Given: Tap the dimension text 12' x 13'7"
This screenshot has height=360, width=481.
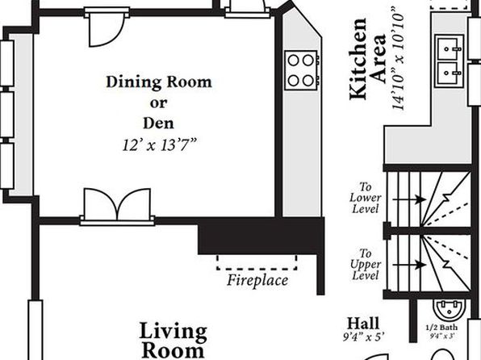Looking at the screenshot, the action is click(159, 144).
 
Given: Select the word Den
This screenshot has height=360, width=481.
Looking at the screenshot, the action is click(159, 123).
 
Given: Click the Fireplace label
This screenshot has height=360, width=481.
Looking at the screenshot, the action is click(257, 280).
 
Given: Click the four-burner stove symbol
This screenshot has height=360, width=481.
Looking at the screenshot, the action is click(301, 70).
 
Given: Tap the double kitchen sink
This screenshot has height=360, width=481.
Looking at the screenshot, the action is click(450, 61).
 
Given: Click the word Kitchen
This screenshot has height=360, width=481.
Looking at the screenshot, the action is click(358, 59).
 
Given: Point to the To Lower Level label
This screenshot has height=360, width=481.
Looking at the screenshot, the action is click(366, 198).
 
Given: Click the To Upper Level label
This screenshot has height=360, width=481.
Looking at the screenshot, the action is click(366, 264).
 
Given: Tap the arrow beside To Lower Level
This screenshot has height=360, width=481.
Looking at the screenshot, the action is click(409, 199).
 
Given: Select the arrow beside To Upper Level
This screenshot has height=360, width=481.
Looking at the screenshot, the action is click(409, 265).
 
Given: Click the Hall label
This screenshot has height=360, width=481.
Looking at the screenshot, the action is click(363, 324).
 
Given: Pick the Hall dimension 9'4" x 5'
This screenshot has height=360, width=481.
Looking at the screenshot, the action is click(363, 337).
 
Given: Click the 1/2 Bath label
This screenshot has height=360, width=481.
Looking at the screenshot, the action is click(441, 328).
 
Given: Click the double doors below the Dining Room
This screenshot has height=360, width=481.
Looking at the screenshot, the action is click(117, 205).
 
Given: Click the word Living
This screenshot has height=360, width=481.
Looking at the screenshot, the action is click(174, 332).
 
